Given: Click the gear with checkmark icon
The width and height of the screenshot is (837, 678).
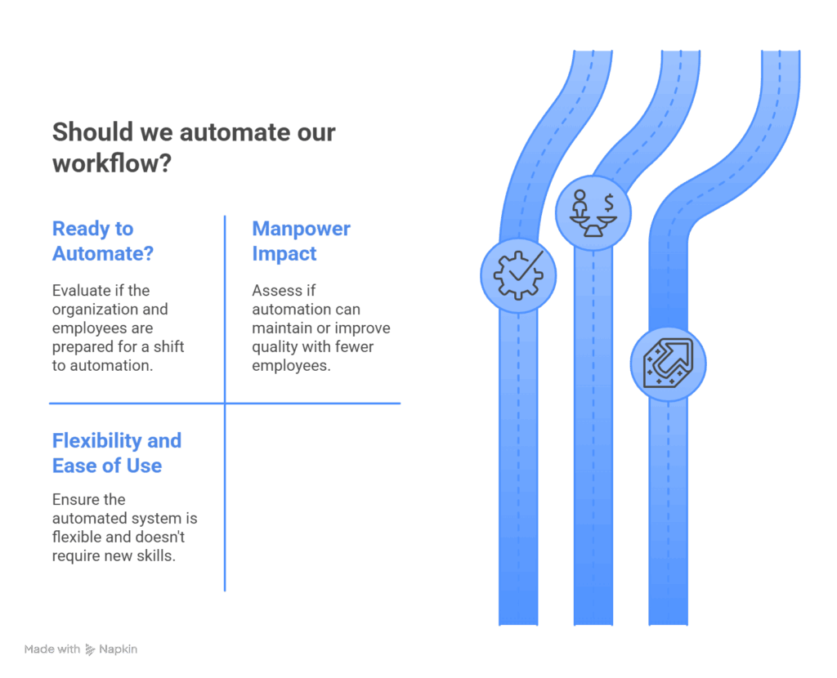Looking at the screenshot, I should click(518, 274).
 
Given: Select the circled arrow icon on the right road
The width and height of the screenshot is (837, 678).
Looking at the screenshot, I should click(668, 364).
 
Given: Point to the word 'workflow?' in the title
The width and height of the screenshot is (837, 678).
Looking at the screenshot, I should click(111, 163).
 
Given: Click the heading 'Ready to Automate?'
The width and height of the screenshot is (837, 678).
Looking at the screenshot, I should click(103, 241).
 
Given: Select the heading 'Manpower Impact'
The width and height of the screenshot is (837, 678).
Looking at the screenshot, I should click(301, 241).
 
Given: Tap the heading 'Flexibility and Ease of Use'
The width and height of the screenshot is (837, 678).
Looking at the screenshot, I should click(116, 453).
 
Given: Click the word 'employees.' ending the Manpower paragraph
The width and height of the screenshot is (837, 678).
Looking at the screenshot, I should click(291, 366).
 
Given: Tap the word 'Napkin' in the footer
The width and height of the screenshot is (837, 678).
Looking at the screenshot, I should click(119, 649).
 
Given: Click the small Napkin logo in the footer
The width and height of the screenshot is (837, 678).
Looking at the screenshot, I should click(90, 649).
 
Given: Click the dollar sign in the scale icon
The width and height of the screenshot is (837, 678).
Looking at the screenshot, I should click(609, 201).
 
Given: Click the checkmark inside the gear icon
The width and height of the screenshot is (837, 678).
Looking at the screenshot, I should click(526, 265).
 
